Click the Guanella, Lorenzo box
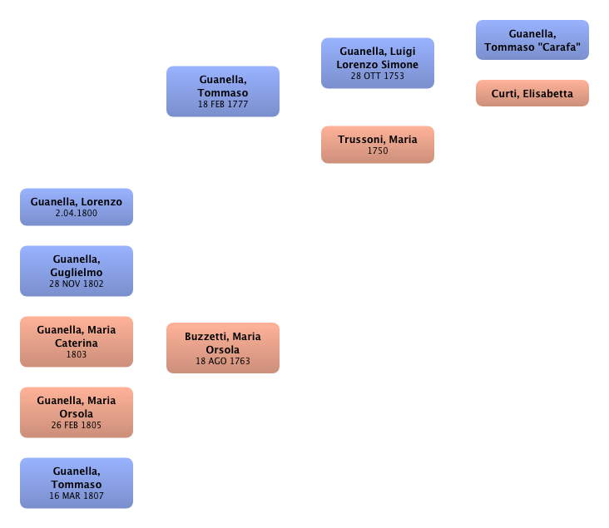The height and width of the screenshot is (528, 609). (x=77, y=207)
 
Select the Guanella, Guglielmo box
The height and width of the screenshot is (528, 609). (x=77, y=271)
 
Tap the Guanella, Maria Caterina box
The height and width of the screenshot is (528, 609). (x=77, y=342)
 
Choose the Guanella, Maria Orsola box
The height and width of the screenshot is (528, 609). (x=77, y=412)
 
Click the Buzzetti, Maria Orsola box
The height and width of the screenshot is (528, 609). (x=223, y=348)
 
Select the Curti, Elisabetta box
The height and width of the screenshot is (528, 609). (x=532, y=94)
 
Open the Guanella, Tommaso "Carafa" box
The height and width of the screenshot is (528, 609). (x=532, y=40)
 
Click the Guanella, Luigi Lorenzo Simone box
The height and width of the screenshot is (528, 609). (x=378, y=63)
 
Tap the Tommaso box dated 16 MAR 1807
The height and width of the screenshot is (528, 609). (x=77, y=483)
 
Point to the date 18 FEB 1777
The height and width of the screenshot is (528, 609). (x=223, y=105)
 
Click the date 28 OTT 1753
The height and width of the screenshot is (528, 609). (x=378, y=76)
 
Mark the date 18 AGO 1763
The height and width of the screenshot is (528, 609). (x=223, y=361)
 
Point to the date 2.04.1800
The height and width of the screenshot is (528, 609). (x=77, y=213)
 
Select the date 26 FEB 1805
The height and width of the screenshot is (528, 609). (x=77, y=425)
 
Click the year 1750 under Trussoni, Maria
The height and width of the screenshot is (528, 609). (x=378, y=151)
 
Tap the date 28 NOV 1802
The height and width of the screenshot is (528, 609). (x=77, y=284)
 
